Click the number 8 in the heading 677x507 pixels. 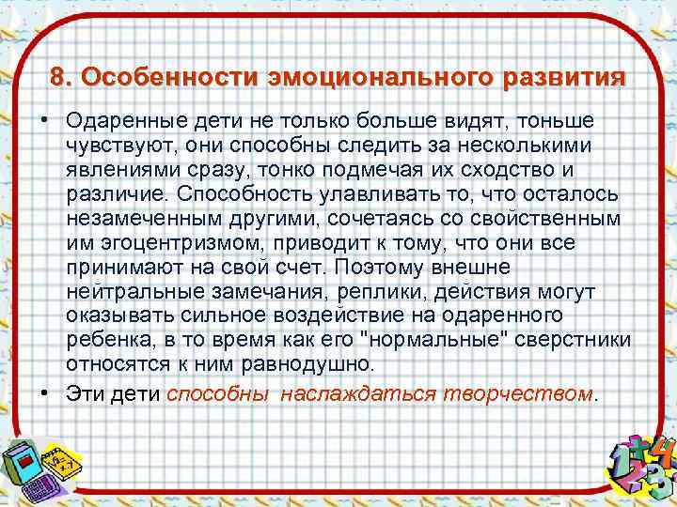click(x=58, y=76)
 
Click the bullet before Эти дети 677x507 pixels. click(x=44, y=392)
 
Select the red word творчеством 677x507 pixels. click(x=517, y=392)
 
